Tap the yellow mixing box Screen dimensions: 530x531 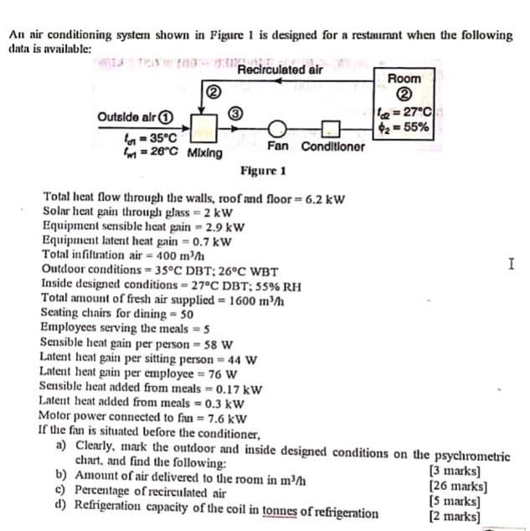pos(203,130)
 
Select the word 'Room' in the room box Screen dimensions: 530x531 pos(404,78)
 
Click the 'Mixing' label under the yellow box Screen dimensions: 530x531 pos(205,153)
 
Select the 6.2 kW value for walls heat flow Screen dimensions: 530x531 pos(327,198)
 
